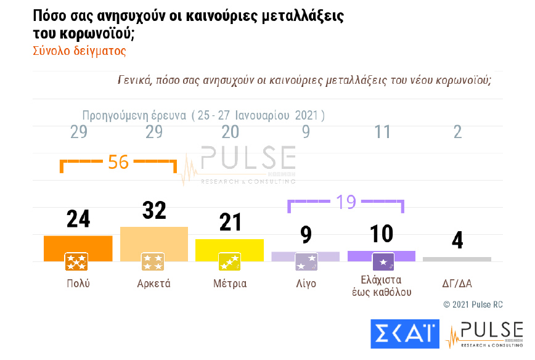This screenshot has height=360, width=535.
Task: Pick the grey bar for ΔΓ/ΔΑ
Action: click(457, 259)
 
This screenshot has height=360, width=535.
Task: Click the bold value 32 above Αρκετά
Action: click(154, 210)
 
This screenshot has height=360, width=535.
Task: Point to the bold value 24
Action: click(78, 219)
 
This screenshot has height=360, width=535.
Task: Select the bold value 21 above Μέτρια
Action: click(230, 222)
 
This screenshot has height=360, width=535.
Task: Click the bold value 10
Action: click(382, 234)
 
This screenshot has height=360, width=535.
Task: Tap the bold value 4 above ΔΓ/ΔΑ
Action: click(457, 240)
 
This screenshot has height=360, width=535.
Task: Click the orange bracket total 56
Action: click(118, 162)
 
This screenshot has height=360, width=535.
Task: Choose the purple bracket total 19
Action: click(346, 202)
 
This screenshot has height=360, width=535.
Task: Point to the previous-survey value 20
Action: click(230, 132)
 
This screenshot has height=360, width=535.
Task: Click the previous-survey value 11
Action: click(382, 132)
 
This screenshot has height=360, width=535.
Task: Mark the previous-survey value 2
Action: click(457, 132)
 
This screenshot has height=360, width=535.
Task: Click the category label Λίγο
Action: click(306, 284)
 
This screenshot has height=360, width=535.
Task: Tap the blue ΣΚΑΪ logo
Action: click(404, 334)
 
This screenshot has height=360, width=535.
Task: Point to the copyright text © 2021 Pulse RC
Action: click(473, 305)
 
